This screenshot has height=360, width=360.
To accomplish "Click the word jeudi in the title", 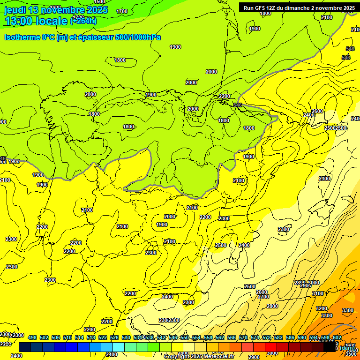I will pyautogui.click(x=15, y=10).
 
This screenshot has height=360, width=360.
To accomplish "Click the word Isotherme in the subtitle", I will pyautogui.click(x=22, y=37).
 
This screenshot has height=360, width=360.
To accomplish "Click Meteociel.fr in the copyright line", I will pyautogui.click(x=217, y=357).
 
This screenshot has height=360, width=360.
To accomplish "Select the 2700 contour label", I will pyautogui.click(x=263, y=297).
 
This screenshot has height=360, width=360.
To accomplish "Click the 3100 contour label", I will pyautogui.click(x=318, y=293).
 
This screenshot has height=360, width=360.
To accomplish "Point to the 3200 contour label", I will pyautogui.click(x=321, y=308).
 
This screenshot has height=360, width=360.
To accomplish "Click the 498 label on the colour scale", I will pyautogui.click(x=32, y=337).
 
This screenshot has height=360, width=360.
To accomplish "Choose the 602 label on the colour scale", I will pyautogui.click(x=337, y=337).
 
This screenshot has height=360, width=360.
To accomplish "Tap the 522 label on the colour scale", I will pyautogui.click(x=103, y=337).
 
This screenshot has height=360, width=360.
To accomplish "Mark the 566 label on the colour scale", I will pyautogui.click(x=232, y=337).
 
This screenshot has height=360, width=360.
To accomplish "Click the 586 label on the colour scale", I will pyautogui.click(x=290, y=337).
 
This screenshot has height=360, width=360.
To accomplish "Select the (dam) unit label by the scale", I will pyautogui.click(x=347, y=347).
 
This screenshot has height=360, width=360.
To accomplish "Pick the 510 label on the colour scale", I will pyautogui.click(x=67, y=337).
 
